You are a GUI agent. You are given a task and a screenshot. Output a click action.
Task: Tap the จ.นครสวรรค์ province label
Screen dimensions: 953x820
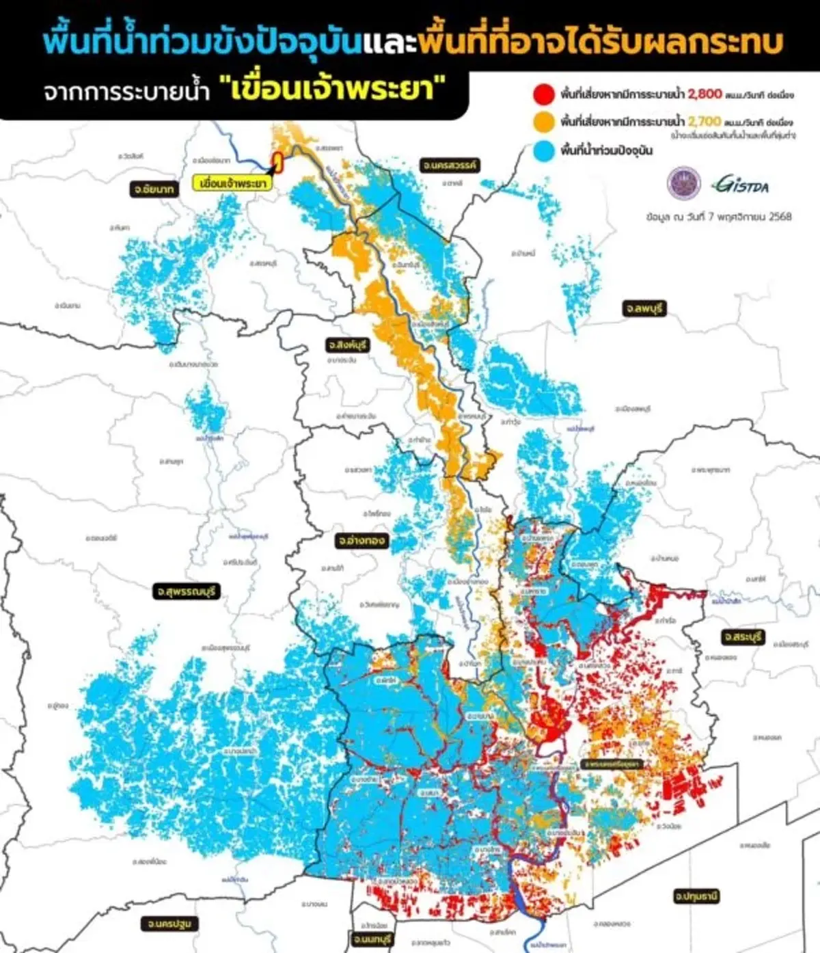(x=449, y=165)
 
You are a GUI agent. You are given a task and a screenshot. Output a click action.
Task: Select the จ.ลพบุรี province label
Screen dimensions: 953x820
(x=643, y=309)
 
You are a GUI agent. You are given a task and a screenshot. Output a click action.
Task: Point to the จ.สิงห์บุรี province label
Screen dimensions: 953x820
(x=347, y=345)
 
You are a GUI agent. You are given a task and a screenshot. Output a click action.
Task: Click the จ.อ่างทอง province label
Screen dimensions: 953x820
(x=361, y=541)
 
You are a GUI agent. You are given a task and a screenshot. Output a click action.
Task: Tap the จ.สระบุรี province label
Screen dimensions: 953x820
(x=743, y=637)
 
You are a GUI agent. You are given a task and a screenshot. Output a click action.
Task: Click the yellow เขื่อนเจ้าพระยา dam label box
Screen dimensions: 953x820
(x=232, y=184)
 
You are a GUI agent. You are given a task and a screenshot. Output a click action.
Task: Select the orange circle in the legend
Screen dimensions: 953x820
(x=544, y=122)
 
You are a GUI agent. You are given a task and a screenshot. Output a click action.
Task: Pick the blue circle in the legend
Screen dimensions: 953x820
(x=544, y=150)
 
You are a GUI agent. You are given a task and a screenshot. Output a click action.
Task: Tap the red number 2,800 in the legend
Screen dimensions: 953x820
(x=705, y=93)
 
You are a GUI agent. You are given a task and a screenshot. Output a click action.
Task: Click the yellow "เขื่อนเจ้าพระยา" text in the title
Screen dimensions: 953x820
(x=335, y=90)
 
